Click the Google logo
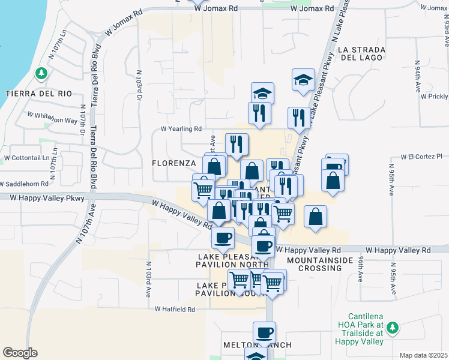coord(20,353)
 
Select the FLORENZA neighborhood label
coord(174,163)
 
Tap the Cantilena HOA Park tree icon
coord(393,328)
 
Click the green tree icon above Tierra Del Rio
coord(41,74)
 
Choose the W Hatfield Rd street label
coord(175,310)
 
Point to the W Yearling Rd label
coord(181,128)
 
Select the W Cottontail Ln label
coord(26,158)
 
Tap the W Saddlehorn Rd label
coord(25,184)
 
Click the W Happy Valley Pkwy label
coord(47,197)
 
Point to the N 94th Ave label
coord(417,75)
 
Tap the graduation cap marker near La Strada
coord(303,79)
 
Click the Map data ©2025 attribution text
coord(423,355)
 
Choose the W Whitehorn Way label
coord(53,117)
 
